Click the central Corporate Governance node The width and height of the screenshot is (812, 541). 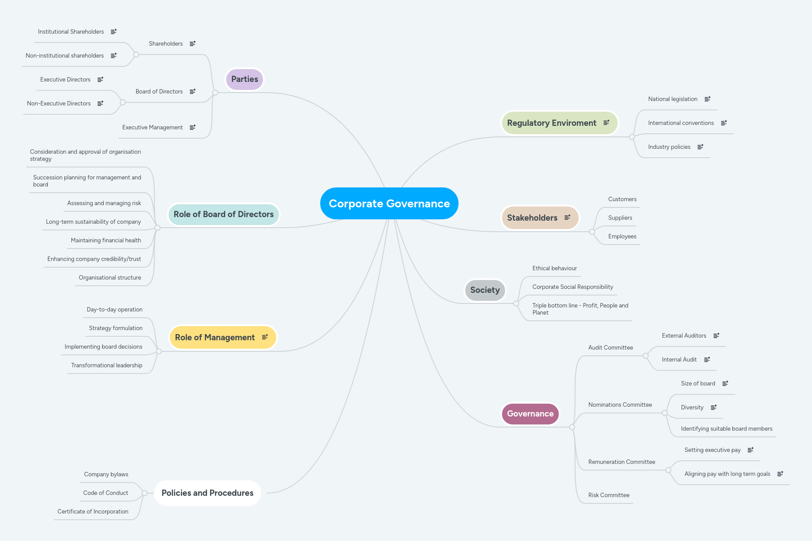pyautogui.click(x=389, y=203)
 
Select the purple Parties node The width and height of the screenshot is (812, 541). pyautogui.click(x=244, y=79)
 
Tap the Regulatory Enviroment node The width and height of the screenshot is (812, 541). pyautogui.click(x=551, y=123)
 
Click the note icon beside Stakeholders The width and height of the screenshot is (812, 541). pyautogui.click(x=567, y=217)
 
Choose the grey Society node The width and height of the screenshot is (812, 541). pyautogui.click(x=485, y=290)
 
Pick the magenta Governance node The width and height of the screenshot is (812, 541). pyautogui.click(x=530, y=414)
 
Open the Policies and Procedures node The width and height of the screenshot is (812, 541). pyautogui.click(x=207, y=493)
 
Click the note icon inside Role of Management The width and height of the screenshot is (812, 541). pyautogui.click(x=265, y=337)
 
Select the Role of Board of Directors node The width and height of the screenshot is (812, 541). pyautogui.click(x=224, y=214)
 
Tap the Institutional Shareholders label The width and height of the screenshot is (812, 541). pyautogui.click(x=71, y=32)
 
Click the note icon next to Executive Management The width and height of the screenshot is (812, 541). pyautogui.click(x=192, y=127)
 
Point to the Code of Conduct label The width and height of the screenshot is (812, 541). pyautogui.click(x=106, y=493)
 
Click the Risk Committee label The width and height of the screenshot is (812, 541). pyautogui.click(x=608, y=495)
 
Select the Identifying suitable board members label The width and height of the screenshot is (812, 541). pyautogui.click(x=726, y=429)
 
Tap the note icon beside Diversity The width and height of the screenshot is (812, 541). pyautogui.click(x=714, y=407)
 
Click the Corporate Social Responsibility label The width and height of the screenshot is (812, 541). pyautogui.click(x=573, y=287)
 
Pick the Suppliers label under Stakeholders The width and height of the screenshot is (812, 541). pyautogui.click(x=620, y=218)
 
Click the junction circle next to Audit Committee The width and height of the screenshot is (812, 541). pyautogui.click(x=646, y=356)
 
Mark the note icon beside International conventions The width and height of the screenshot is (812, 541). pyautogui.click(x=724, y=123)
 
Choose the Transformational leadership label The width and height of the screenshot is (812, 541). pyautogui.click(x=106, y=366)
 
